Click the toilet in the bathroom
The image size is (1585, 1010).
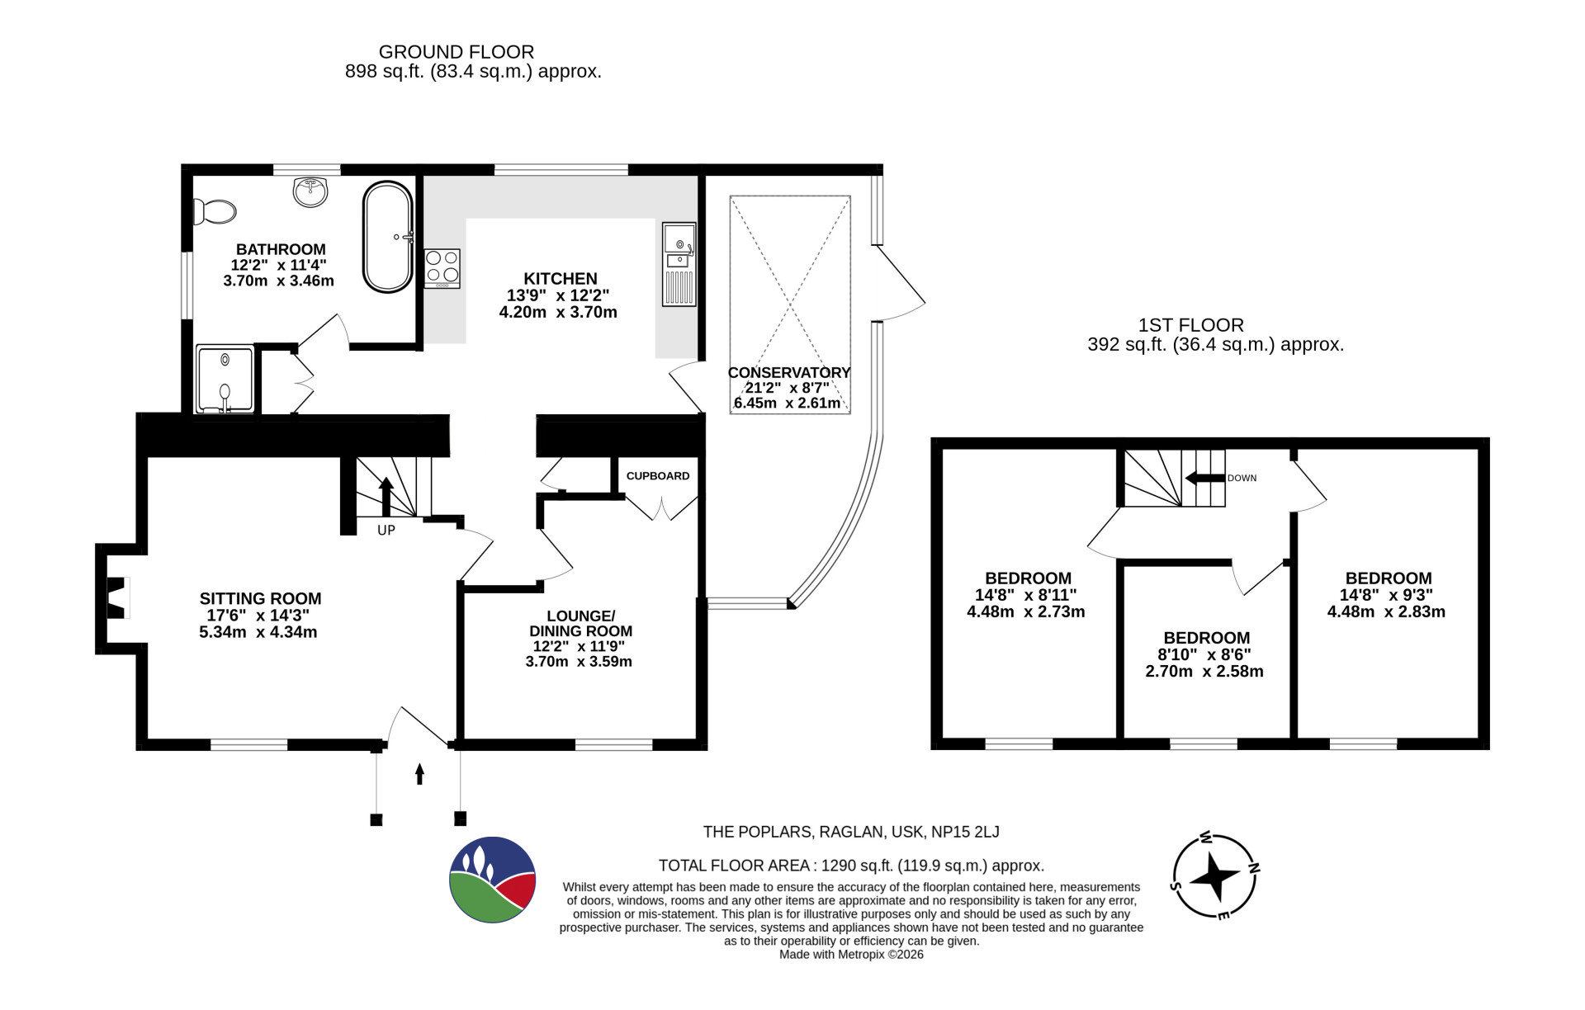(214, 211)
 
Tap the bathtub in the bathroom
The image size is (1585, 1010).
(388, 237)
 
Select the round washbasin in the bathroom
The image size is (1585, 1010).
(310, 191)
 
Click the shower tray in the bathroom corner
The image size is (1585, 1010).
(225, 379)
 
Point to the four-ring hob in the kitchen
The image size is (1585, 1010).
(442, 268)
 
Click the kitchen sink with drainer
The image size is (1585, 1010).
(679, 264)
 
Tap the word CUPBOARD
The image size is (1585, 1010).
(658, 476)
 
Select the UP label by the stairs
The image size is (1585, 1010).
(386, 531)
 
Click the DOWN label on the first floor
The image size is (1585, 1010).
(1242, 479)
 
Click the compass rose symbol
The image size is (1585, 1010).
(1216, 875)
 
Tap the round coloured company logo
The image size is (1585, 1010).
(493, 880)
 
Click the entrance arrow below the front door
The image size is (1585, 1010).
(419, 774)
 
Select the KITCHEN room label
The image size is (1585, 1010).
(561, 279)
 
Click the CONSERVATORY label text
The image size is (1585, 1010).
(789, 373)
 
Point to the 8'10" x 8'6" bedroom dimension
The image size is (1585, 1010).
(1206, 655)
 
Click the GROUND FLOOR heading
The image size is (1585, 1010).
(457, 52)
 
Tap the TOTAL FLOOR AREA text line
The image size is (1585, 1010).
(851, 866)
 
